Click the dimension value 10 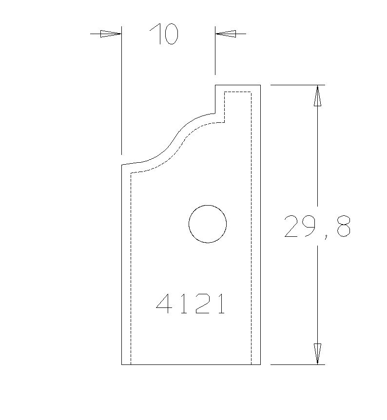point(164,34)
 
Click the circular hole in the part point(208,224)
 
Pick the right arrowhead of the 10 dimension point(226,34)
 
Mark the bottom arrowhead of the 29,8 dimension point(317,353)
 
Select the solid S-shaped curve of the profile point(173,142)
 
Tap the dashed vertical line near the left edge point(131,268)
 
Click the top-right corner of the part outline point(260,85)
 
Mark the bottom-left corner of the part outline point(121,364)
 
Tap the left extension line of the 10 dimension point(121,93)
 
